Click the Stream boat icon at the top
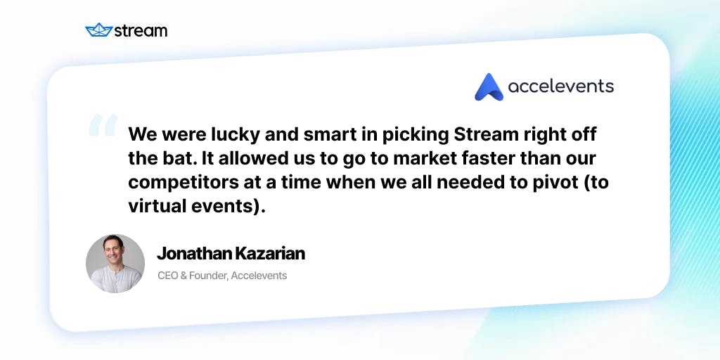[99, 30]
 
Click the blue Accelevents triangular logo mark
[489, 87]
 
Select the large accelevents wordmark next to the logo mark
[560, 86]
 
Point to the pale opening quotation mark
[103, 126]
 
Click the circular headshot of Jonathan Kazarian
[115, 264]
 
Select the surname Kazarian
[270, 254]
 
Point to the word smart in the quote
[324, 134]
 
